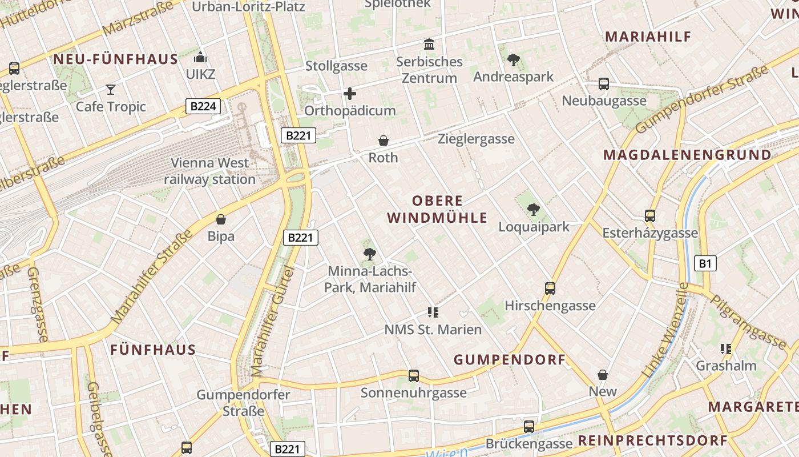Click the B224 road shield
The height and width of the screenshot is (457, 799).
coord(203,106)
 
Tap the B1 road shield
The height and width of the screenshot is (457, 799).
coord(705,263)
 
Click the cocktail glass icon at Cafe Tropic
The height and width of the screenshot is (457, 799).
coord(111,89)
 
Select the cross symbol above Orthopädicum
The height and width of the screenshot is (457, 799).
coord(350,94)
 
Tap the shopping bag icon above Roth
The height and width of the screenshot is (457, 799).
coord(384,140)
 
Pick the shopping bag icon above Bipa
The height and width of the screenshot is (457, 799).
coord(221,219)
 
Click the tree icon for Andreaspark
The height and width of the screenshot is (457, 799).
coord(513,59)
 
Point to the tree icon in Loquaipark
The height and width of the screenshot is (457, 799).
coord(534,210)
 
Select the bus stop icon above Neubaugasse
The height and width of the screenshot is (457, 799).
coord(604,84)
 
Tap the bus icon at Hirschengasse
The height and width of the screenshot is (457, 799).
coord(550,288)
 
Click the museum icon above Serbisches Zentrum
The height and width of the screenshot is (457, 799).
coord(429,44)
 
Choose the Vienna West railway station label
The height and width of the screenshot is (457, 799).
coord(210,171)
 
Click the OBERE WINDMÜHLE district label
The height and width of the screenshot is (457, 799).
coord(438,209)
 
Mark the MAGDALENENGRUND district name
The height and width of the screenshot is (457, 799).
coord(687,155)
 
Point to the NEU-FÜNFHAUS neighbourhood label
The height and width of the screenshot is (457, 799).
coord(116,59)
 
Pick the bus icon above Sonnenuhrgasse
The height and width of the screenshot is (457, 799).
coord(414,376)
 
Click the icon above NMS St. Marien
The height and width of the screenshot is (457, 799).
coord(433,312)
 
